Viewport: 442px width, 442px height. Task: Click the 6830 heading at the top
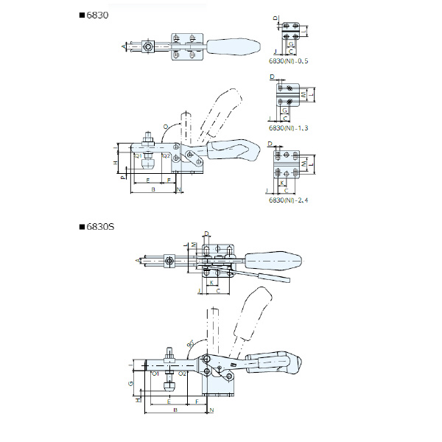tap(97, 14)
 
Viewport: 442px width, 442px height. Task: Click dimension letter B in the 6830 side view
tap(152, 189)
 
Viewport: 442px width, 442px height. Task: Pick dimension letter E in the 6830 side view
tap(148, 180)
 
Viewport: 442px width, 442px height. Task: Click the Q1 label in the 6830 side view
tap(138, 156)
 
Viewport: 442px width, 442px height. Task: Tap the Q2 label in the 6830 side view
tap(166, 156)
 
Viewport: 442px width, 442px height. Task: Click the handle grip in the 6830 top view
tap(233, 45)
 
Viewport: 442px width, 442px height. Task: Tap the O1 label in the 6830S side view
tap(155, 374)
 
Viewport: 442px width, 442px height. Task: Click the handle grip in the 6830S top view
tap(273, 262)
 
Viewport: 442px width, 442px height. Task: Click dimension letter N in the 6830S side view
tap(211, 410)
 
